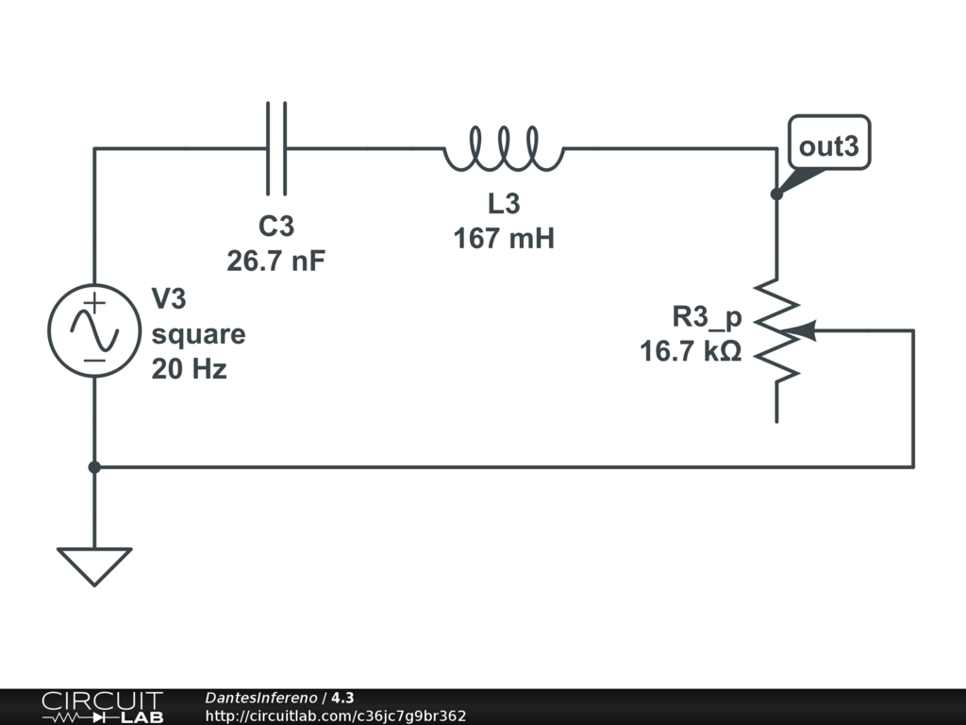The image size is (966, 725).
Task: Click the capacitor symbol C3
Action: [276, 148]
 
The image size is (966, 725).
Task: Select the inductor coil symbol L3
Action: [504, 150]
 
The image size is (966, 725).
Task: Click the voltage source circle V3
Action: [93, 330]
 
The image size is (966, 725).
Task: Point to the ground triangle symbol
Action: [93, 565]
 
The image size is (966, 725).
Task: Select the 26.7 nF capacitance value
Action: [276, 261]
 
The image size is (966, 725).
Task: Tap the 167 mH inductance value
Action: [504, 238]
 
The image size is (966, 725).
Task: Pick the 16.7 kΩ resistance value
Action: [691, 352]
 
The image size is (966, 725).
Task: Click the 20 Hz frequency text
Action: [190, 368]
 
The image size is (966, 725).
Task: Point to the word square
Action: [198, 334]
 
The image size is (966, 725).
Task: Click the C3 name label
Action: [276, 227]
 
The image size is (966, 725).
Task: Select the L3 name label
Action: [504, 204]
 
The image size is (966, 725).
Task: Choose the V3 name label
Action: [170, 300]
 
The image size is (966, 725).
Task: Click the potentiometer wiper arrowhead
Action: [805, 330]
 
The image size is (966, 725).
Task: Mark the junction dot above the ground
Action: [93, 466]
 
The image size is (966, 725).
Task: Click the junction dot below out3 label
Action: [776, 194]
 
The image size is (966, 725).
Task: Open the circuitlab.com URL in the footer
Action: [336, 716]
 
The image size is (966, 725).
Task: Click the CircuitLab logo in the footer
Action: [101, 707]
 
